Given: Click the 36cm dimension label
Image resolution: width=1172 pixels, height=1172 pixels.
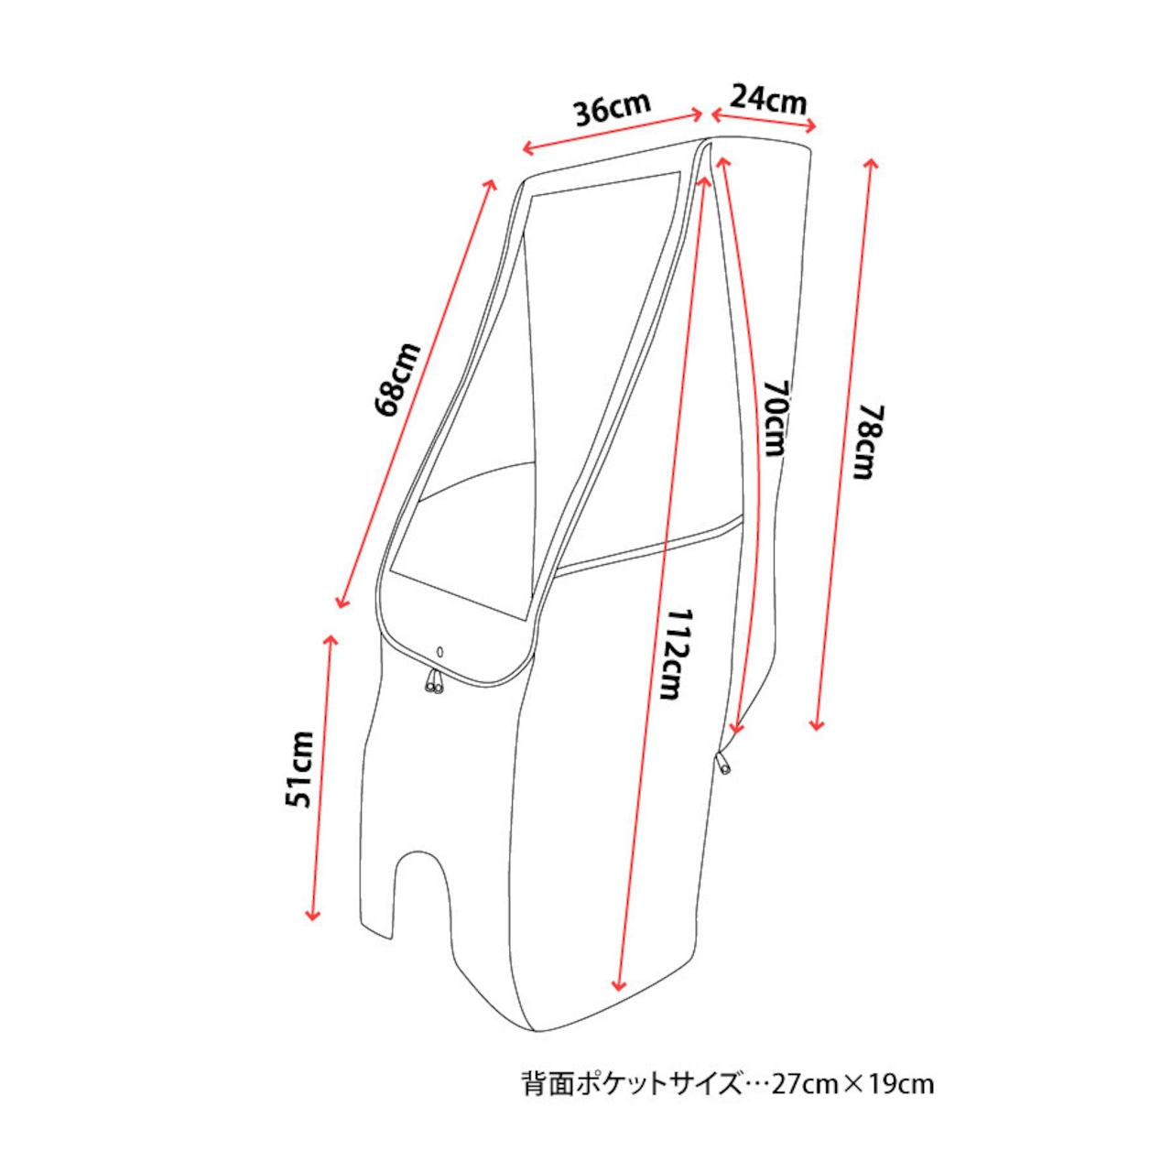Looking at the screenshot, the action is pos(613,109).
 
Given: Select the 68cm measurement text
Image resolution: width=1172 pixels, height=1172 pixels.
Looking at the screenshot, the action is pos(399,380).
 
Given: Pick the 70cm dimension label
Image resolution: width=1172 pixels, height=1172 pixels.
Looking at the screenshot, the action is pos(775,419).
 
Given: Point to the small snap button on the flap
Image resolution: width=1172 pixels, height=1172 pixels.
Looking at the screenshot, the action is pos(439,651).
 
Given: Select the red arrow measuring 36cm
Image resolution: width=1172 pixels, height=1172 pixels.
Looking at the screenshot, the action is pos(613,131).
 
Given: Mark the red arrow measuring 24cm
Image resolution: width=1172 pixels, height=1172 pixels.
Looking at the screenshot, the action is pos(764,119).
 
